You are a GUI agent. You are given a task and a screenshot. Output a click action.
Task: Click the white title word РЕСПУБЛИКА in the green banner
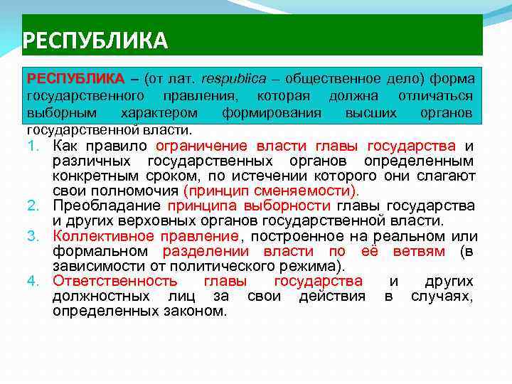95,40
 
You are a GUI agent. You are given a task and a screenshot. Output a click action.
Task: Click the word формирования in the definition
271,113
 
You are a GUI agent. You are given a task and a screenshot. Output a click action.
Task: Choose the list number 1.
33,146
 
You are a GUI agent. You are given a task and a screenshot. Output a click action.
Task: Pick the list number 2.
33,206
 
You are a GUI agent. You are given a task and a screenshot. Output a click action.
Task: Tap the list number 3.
33,236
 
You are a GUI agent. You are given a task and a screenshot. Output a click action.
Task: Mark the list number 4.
33,281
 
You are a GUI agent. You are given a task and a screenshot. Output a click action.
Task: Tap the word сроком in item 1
168,176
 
